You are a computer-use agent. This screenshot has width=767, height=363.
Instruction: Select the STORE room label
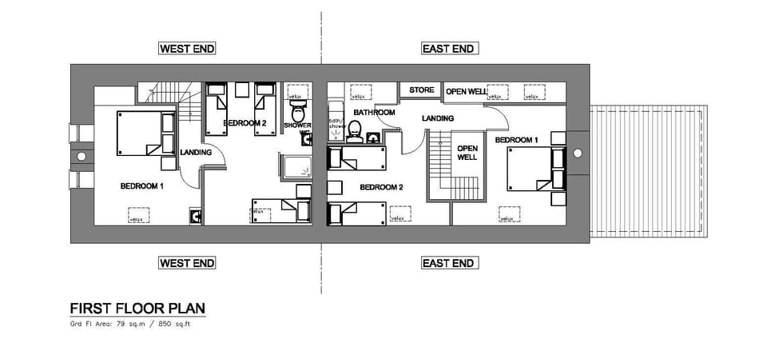point(422,90)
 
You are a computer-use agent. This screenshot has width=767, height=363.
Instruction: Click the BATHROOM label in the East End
point(375,113)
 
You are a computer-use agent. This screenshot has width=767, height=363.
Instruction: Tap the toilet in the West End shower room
point(298,109)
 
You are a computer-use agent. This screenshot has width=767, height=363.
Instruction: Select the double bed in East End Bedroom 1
point(531,168)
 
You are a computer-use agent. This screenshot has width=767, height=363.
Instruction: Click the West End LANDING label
point(196,152)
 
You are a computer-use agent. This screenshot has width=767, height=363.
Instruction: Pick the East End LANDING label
point(438,118)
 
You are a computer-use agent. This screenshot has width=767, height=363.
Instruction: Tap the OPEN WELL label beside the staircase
point(467,153)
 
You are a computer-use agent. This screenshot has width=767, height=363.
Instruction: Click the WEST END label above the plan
point(187,49)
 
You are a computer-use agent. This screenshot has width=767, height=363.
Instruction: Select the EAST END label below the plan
point(448,263)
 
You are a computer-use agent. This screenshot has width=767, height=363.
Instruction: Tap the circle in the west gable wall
point(80,156)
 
